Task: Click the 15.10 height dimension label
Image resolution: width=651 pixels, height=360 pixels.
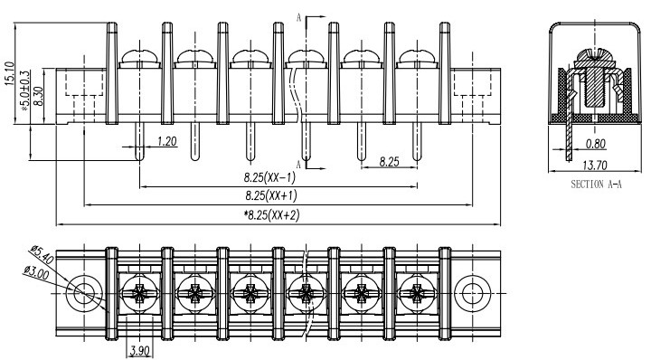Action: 10,74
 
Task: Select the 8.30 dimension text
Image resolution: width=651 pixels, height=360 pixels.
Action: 38,96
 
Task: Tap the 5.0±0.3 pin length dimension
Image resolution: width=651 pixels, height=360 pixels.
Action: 25,90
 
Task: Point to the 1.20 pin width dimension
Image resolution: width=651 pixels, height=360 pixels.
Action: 167,141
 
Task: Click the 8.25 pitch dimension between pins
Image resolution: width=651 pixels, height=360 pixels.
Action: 389,162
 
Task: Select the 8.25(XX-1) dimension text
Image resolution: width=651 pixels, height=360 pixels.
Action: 269,177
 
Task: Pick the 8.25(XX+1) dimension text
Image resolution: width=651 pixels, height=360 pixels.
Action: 270,195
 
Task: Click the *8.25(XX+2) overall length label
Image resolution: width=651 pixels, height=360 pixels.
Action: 271,214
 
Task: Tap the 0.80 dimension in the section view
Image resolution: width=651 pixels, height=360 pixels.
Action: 595,144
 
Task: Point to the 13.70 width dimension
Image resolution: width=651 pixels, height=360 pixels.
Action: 595,166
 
